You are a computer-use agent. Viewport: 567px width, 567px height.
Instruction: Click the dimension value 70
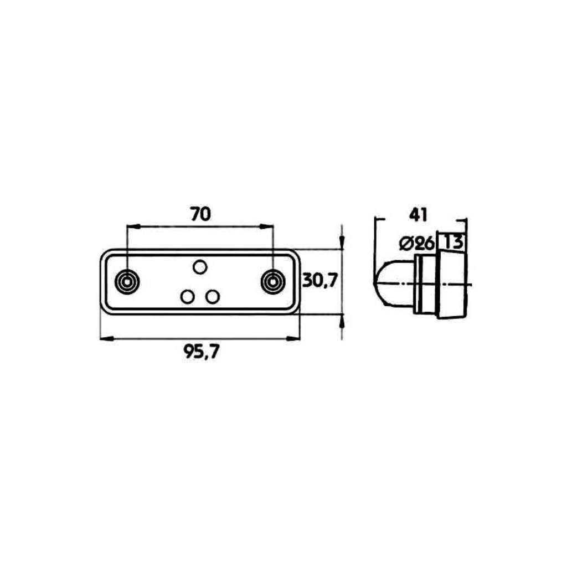(200, 214)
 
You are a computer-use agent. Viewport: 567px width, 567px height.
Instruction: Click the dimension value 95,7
(201, 351)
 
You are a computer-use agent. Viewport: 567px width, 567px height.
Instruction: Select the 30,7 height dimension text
(319, 280)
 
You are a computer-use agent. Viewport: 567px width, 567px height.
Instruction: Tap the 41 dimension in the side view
(418, 215)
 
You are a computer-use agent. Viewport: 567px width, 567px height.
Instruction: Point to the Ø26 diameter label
(416, 244)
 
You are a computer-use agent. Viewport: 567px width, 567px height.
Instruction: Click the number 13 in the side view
(453, 242)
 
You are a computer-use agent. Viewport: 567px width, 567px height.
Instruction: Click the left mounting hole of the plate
(127, 281)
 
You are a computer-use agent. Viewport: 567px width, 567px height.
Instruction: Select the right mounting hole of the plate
(273, 281)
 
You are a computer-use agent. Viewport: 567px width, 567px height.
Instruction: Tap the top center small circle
(200, 267)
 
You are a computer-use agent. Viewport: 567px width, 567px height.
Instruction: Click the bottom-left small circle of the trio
(187, 297)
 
